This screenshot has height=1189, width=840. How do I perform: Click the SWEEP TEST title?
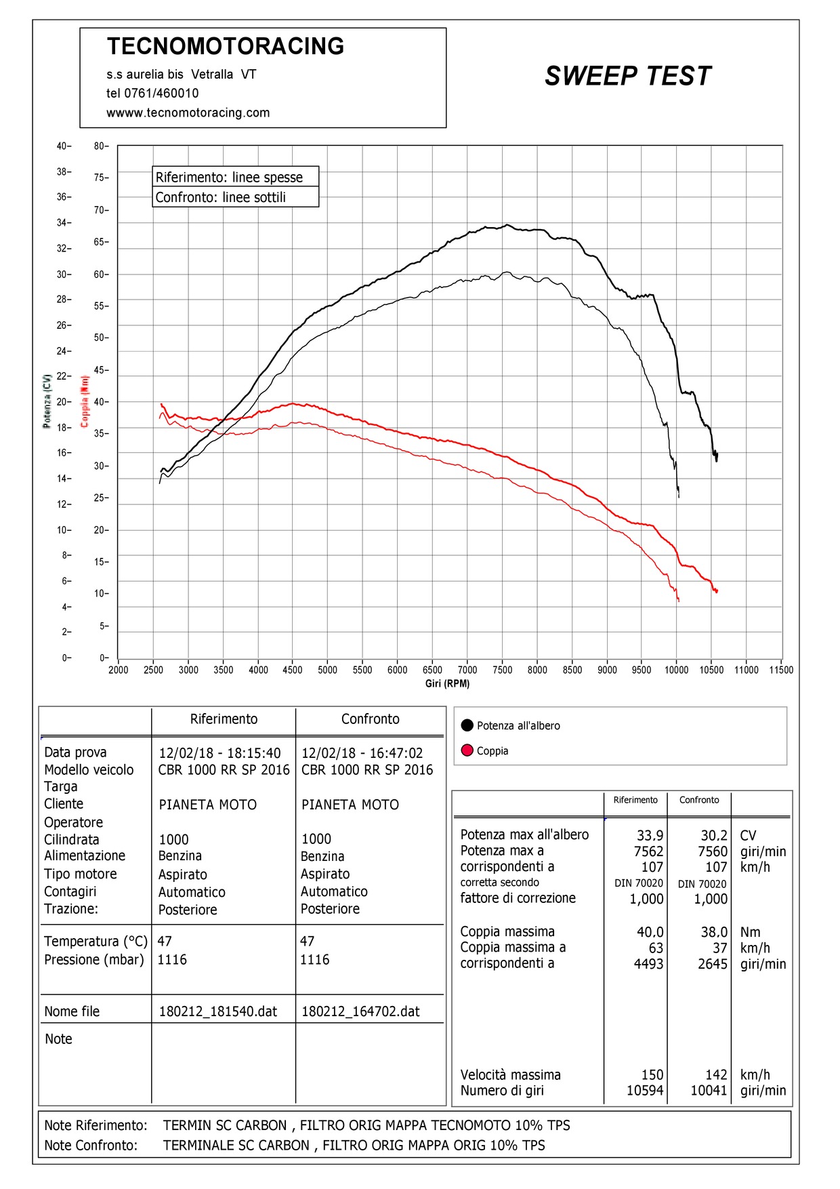[628, 76]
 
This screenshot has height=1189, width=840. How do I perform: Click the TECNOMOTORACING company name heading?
[226, 46]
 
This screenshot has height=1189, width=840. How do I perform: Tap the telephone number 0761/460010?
[161, 94]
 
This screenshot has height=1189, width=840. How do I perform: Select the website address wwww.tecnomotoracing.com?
[188, 113]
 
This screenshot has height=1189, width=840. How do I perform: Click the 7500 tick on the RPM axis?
[502, 670]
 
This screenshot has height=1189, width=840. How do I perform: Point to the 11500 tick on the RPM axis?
[780, 670]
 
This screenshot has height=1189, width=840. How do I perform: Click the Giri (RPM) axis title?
[447, 683]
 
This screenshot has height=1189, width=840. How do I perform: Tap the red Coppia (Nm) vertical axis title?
[85, 401]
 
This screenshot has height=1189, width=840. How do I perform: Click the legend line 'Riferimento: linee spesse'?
[229, 177]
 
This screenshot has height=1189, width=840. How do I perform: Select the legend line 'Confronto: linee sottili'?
[221, 197]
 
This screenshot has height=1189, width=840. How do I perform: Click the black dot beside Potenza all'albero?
[467, 725]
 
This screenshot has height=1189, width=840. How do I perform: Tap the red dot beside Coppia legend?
[467, 750]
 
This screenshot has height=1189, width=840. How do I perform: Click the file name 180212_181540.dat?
[218, 1011]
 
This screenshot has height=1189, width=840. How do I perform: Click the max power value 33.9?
[650, 835]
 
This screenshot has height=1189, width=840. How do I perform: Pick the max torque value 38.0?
[714, 932]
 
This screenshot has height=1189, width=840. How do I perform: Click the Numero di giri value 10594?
[645, 1091]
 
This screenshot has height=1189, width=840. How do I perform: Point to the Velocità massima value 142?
[716, 1074]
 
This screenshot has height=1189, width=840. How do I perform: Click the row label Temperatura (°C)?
[96, 941]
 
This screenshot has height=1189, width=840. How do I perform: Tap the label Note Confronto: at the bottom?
[91, 1145]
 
